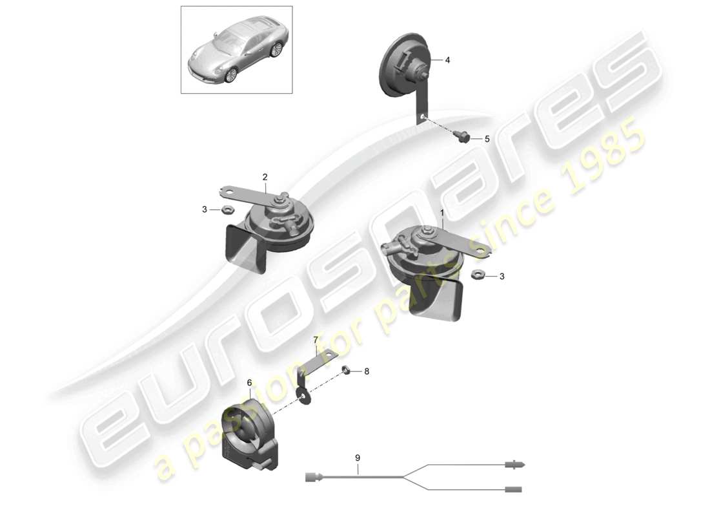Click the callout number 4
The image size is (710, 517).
coord(447,59)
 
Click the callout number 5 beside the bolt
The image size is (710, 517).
coord(487,138)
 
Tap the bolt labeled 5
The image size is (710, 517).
coord(463,136)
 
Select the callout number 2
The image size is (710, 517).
coord(265,176)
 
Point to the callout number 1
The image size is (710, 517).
coord(442,212)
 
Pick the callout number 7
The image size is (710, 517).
coord(316,340)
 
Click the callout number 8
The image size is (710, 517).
coord(367,372)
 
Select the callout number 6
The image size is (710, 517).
coord(249,383)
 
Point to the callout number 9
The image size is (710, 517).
coord(358,458)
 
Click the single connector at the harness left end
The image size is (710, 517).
coord(312,478)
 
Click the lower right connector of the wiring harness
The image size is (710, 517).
coord(514,489)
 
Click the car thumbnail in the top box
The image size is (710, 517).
coord(236,58)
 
